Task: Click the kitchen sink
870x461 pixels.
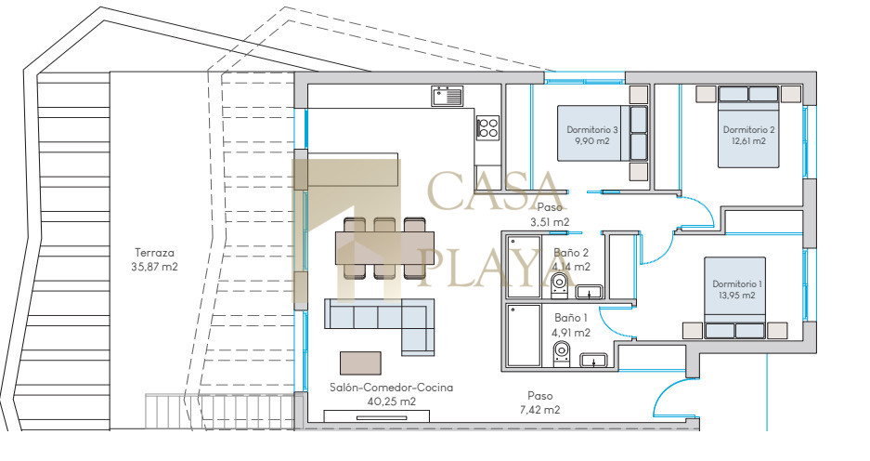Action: [x=447, y=96]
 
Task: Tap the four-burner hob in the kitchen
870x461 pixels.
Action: [x=487, y=127]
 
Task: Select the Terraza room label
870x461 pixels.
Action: [x=154, y=253]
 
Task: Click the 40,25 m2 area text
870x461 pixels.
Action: [x=392, y=402]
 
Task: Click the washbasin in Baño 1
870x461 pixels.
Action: [x=593, y=360]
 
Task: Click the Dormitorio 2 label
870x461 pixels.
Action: [x=748, y=130]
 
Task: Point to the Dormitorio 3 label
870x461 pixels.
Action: [x=592, y=130]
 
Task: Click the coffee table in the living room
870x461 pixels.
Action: [x=360, y=362]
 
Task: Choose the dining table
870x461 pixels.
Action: [x=385, y=247]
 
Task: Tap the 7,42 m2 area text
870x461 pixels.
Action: [x=539, y=410]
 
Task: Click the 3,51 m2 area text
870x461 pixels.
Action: [x=550, y=221]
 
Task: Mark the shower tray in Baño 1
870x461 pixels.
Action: [x=524, y=336]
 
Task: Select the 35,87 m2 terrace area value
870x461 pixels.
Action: [x=154, y=267]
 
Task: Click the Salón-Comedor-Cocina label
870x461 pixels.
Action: [x=391, y=388]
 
